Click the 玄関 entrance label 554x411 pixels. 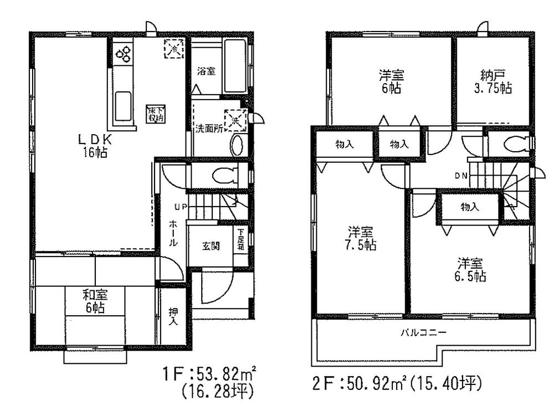[x=209, y=245]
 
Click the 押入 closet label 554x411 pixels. [x=173, y=317]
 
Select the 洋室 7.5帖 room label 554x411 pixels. [x=362, y=238]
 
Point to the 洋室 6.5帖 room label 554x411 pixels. [x=471, y=270]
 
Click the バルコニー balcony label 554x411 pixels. [x=424, y=333]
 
